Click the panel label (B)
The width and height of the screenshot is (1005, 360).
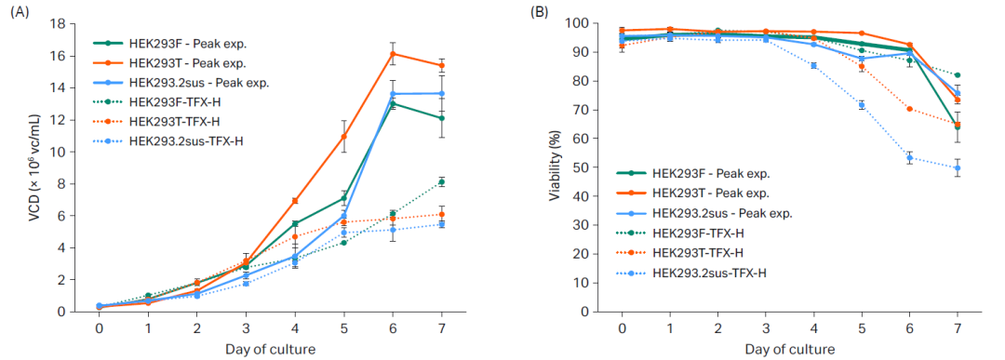tap(541, 12)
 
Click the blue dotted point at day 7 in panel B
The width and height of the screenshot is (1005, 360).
tap(958, 168)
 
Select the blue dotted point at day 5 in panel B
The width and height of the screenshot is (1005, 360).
tap(862, 105)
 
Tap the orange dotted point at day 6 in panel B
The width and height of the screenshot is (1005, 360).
tap(909, 109)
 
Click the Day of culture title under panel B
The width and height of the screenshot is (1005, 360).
tap(789, 349)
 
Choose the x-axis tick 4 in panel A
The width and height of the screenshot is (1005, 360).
tap(295, 327)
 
